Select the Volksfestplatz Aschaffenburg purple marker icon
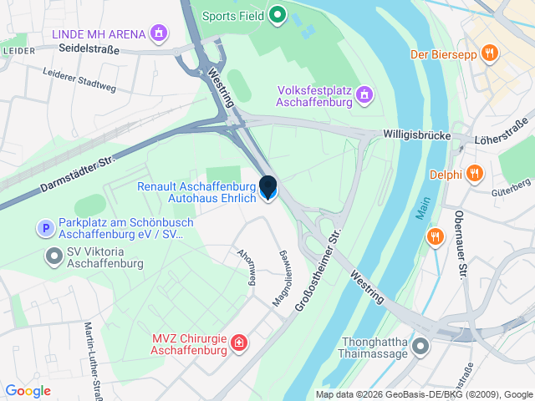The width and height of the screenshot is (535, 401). point(363,96)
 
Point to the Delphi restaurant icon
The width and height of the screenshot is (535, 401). point(474,174)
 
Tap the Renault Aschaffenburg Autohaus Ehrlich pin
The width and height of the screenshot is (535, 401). point(268,189)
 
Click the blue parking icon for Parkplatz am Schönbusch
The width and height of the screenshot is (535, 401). point(44,228)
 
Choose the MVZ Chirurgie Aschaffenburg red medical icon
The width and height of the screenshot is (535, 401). point(239,343)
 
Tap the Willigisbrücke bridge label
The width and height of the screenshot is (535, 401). point(416,135)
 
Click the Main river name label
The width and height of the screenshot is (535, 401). point(423,207)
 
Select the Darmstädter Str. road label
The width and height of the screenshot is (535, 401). point(76,175)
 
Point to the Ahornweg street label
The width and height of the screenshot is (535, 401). point(246,266)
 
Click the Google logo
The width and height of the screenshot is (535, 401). point(28,391)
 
